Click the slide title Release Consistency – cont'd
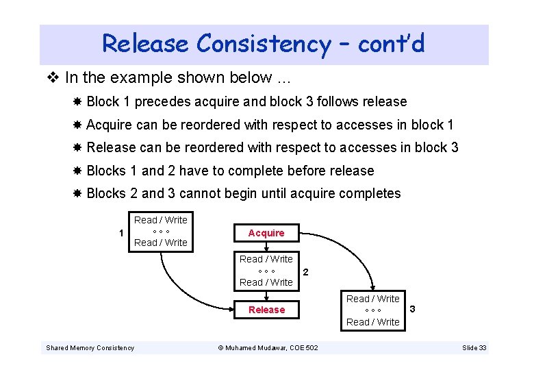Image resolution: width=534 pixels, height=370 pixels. [x=264, y=44]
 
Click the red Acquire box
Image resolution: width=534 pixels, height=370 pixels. [x=266, y=233]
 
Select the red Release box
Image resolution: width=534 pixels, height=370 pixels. [x=266, y=310]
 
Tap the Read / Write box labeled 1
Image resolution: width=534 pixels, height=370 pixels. [x=160, y=231]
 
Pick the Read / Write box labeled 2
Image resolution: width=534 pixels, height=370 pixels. [x=266, y=271]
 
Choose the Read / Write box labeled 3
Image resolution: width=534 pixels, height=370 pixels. [x=372, y=310]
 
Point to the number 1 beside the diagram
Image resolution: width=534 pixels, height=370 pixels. [x=121, y=233]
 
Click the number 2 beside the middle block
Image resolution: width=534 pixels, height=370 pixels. [x=305, y=272]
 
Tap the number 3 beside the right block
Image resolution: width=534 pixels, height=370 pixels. [x=412, y=310]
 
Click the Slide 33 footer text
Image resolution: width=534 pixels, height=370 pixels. [x=474, y=348]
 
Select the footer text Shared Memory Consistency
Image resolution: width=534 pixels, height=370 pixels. [x=90, y=348]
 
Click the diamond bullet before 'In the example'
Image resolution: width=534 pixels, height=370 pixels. [x=55, y=78]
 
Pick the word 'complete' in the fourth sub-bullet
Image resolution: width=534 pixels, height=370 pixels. [x=262, y=171]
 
